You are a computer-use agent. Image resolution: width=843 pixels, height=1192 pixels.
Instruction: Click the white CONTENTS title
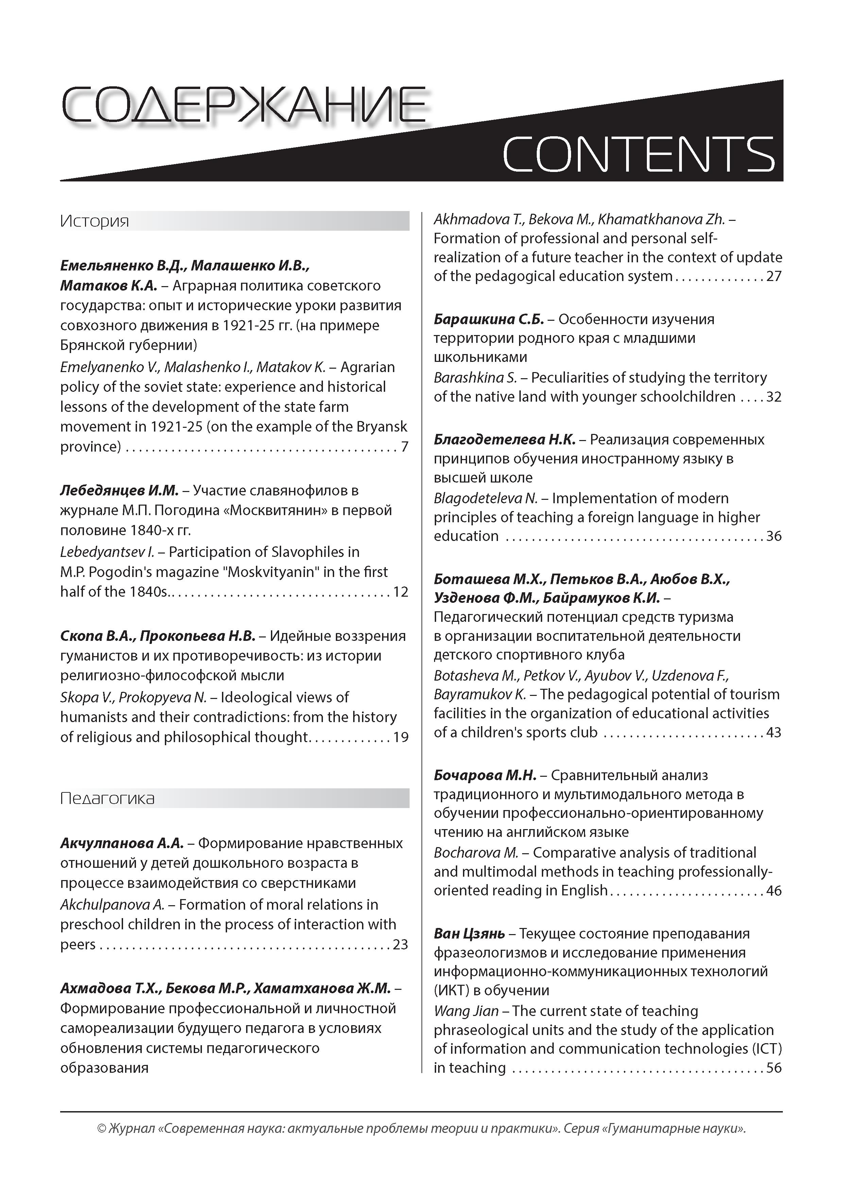(x=638, y=154)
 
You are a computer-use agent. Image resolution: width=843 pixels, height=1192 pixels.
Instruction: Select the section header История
(x=94, y=221)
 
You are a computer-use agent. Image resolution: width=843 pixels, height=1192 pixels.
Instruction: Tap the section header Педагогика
(x=107, y=798)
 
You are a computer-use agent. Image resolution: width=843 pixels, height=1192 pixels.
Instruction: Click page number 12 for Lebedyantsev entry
(x=400, y=592)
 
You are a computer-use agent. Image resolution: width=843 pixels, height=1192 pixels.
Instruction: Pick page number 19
(x=400, y=737)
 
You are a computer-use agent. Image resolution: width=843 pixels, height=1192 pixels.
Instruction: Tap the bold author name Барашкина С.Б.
(x=488, y=319)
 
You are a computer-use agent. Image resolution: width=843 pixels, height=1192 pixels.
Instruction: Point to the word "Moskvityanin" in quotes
(x=263, y=572)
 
